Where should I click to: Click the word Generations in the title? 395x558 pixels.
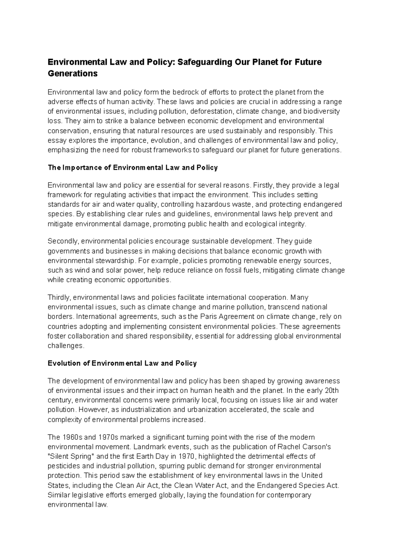73,73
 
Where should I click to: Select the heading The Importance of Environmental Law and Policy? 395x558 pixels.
133,168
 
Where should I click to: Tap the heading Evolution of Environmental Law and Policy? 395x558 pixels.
122,363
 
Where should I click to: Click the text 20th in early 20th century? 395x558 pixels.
331,391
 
